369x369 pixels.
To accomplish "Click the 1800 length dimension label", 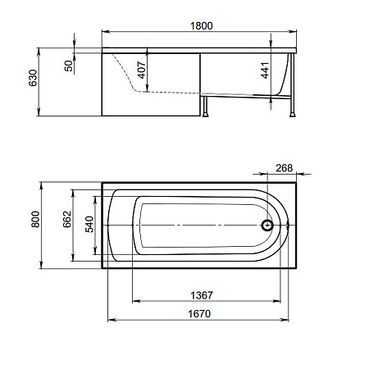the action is click(202, 25).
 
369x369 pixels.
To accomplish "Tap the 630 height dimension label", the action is click(33, 78).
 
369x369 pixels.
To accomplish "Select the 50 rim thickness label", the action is click(69, 66).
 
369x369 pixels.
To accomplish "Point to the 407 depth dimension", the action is click(142, 70).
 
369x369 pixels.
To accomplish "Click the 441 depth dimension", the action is click(265, 71).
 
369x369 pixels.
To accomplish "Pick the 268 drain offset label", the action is click(284, 168).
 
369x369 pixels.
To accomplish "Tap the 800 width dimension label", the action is click(35, 219).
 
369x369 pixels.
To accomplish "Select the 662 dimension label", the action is click(67, 219).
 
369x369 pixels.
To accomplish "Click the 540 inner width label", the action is click(89, 224).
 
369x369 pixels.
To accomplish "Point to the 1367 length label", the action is click(202, 295).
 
